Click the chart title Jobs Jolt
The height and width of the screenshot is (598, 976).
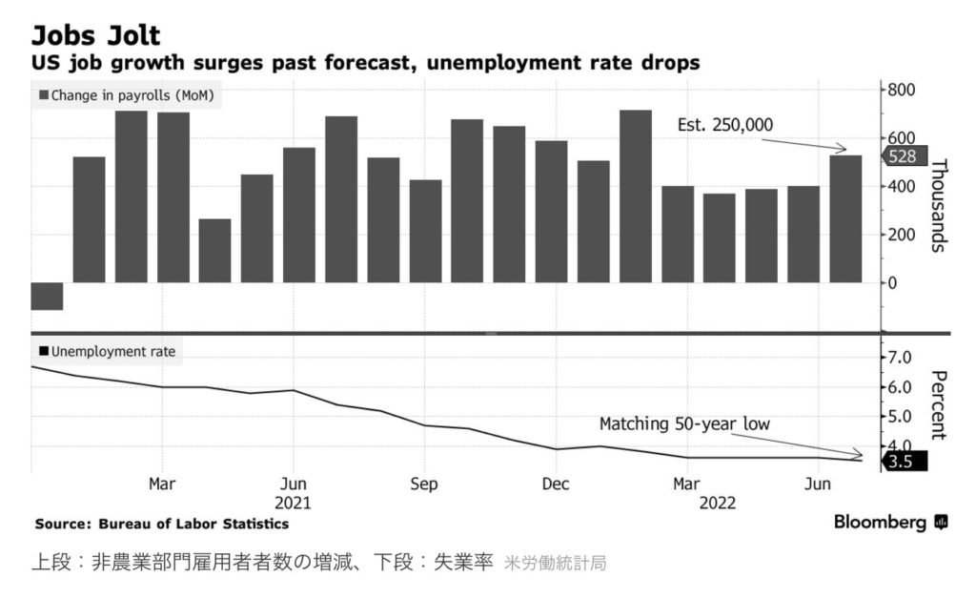point(96,35)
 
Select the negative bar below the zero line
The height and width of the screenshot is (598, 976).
point(47,296)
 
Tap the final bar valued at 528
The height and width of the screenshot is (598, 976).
point(845,218)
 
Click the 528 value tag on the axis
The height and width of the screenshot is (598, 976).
point(901,157)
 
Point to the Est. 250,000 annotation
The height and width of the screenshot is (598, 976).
point(725,125)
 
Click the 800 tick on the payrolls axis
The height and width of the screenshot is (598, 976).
point(901,91)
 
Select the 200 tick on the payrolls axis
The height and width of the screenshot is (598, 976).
point(901,235)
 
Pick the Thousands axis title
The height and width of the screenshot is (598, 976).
point(938,204)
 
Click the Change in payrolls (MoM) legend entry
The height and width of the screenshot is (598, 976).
point(126,95)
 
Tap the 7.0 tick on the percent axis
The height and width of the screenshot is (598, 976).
point(901,358)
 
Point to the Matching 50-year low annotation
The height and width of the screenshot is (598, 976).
point(684,423)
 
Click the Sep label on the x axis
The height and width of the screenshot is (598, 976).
point(424,484)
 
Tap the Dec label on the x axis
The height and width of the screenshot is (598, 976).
point(556,484)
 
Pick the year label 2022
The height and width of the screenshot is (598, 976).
point(717,503)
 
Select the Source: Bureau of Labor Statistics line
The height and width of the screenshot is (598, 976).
point(161,524)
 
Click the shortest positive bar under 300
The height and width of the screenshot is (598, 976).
point(214,250)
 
